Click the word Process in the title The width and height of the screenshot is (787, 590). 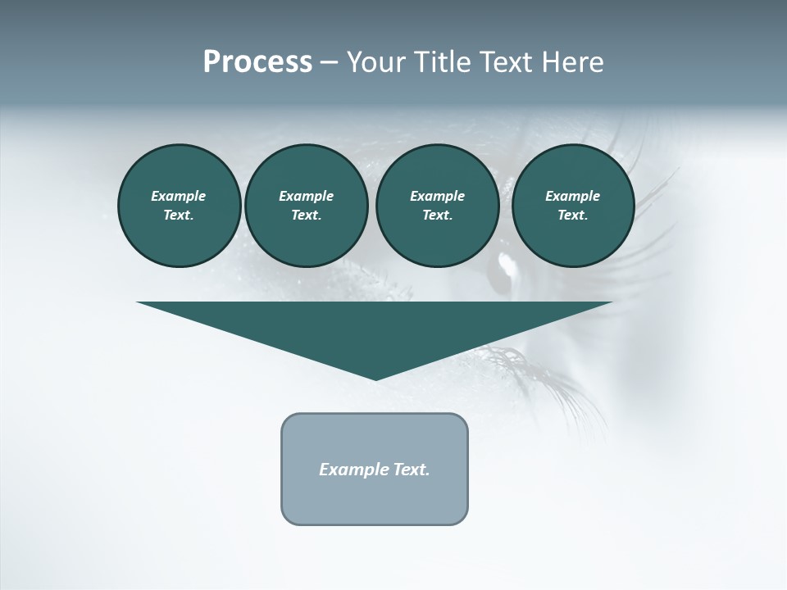tap(257, 62)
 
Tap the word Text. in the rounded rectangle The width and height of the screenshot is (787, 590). tap(409, 470)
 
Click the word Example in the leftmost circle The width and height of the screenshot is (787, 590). tap(179, 196)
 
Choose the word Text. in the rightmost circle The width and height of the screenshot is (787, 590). tap(573, 216)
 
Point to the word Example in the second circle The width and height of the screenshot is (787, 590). tap(306, 196)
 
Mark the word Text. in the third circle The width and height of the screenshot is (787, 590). tap(437, 216)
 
